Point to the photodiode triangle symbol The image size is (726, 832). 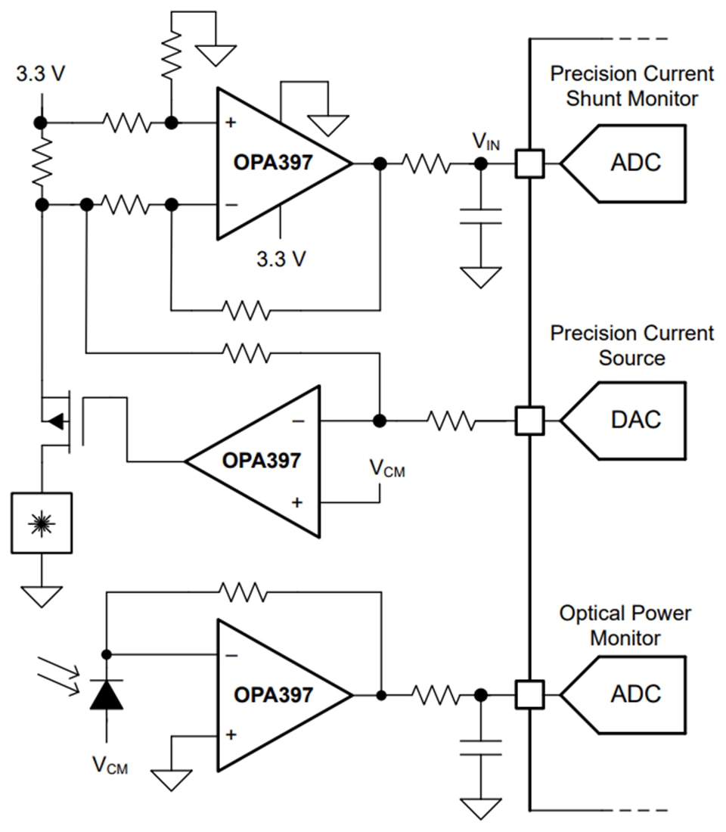point(106,694)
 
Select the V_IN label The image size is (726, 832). point(486,141)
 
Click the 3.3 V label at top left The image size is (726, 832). point(39,76)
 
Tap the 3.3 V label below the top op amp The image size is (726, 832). point(281,259)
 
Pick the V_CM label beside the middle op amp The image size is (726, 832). point(386,469)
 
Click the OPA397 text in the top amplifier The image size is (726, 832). point(272,163)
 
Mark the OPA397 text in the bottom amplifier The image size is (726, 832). point(272,694)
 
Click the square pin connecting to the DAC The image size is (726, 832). point(529,419)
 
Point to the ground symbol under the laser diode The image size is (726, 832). point(42,596)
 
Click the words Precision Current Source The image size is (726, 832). point(631,345)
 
